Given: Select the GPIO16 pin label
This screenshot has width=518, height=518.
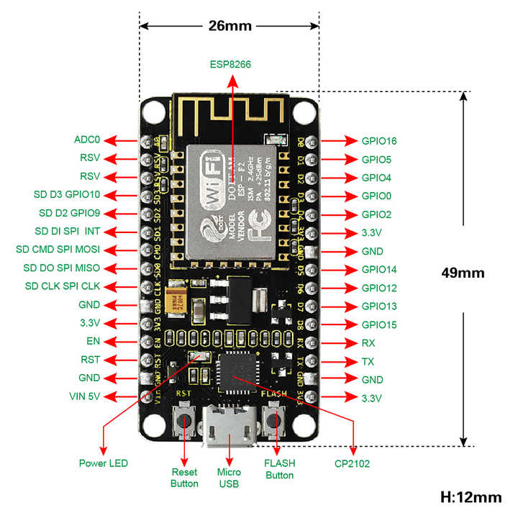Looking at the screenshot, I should pyautogui.click(x=379, y=140).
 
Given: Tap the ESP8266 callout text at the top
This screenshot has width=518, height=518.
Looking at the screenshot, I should pyautogui.click(x=231, y=64).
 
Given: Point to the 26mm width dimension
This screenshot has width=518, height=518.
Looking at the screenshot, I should pyautogui.click(x=230, y=26).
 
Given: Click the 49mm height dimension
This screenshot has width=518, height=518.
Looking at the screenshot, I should pyautogui.click(x=464, y=273).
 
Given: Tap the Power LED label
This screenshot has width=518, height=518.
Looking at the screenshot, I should pyautogui.click(x=103, y=463).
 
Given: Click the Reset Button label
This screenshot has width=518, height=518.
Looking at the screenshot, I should pyautogui.click(x=184, y=478).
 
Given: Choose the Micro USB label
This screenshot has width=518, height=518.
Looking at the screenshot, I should pyautogui.click(x=229, y=478).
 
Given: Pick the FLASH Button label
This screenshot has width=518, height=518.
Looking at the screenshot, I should pyautogui.click(x=279, y=469).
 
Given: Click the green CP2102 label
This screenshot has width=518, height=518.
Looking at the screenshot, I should pyautogui.click(x=353, y=463).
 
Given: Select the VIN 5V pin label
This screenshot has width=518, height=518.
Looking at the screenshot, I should pyautogui.click(x=84, y=396).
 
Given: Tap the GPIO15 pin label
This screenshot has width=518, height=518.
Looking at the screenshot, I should pyautogui.click(x=379, y=324).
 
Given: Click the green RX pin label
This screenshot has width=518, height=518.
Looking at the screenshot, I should pyautogui.click(x=368, y=343).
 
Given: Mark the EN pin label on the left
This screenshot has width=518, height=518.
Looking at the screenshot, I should pyautogui.click(x=92, y=341).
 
